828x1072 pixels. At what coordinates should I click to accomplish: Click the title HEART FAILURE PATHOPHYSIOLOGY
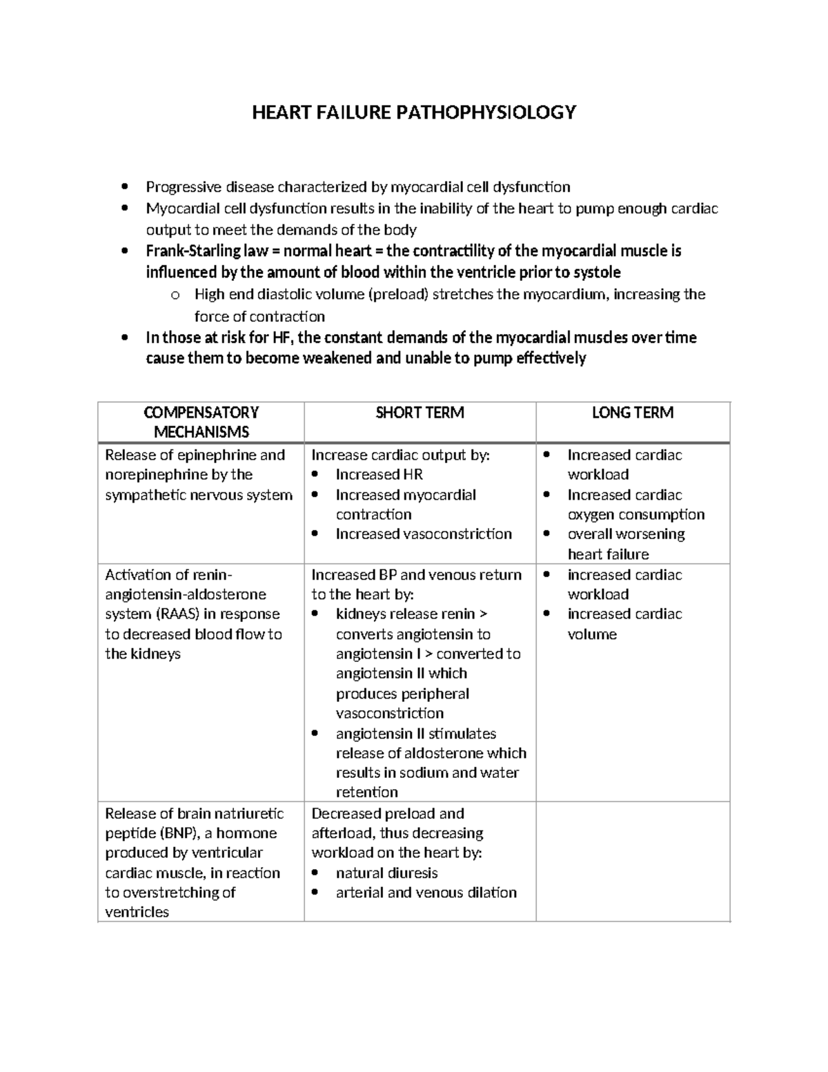[x=413, y=112]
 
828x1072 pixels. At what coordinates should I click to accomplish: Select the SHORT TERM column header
[x=420, y=413]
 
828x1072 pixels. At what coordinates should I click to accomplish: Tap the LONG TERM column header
[x=632, y=413]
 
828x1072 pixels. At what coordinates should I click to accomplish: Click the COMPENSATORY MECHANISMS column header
[x=201, y=422]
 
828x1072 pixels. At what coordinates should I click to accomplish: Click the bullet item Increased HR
[x=379, y=474]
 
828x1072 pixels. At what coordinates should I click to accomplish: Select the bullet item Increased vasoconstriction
[x=423, y=534]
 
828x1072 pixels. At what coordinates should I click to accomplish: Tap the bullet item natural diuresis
[x=386, y=873]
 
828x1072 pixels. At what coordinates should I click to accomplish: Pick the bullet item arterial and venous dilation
[x=426, y=893]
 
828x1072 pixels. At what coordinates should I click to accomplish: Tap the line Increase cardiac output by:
[x=400, y=455]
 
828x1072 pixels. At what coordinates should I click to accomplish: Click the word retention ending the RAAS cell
[x=366, y=792]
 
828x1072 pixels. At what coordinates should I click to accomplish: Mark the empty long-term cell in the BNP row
[x=632, y=861]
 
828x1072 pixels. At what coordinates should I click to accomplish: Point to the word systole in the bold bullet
[x=595, y=272]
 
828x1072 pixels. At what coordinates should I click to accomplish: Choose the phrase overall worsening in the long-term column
[x=626, y=534]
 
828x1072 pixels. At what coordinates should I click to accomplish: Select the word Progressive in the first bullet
[x=184, y=187]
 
